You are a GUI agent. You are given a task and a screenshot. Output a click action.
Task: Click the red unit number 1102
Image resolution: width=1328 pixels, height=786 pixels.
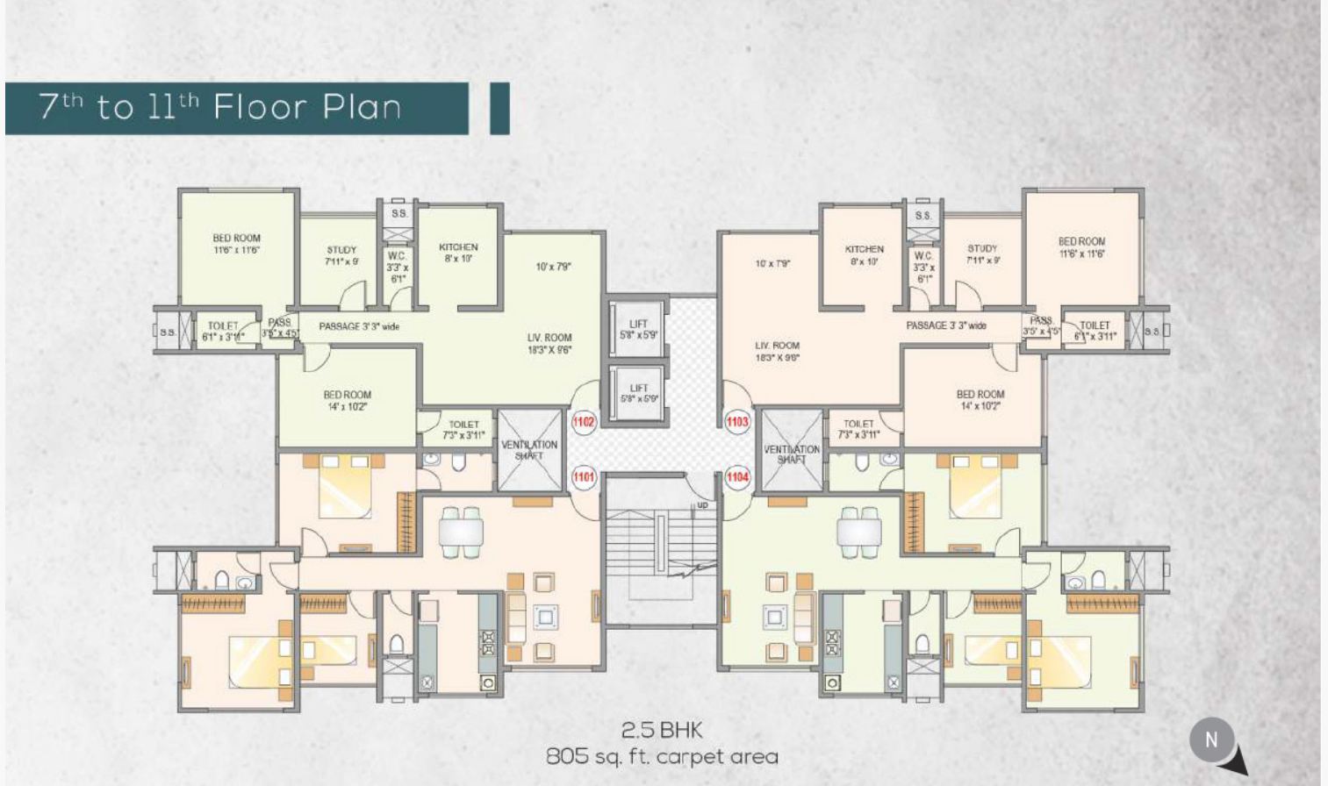click(584, 422)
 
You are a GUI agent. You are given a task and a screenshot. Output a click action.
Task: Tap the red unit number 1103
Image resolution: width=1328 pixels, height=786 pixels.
click(737, 422)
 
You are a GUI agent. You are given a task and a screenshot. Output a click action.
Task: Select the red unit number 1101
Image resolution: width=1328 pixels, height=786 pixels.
click(584, 477)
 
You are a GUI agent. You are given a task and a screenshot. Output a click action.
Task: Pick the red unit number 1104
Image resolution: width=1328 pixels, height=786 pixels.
click(737, 477)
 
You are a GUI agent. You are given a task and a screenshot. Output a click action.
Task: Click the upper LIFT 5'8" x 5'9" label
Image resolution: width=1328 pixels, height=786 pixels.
click(638, 330)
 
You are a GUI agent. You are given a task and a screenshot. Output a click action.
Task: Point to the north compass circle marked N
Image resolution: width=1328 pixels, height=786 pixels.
click(1211, 740)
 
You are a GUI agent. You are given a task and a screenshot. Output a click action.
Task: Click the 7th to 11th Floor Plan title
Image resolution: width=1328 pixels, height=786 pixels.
click(220, 107)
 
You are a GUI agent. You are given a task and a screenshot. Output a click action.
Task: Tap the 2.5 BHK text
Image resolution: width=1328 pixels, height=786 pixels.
click(662, 730)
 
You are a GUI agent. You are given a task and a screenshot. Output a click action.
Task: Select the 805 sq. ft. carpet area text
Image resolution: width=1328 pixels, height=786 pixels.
click(662, 756)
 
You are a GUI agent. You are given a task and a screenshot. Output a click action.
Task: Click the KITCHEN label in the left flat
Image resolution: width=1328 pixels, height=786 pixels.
click(458, 253)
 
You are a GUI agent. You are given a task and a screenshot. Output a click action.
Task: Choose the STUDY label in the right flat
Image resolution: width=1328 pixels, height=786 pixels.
click(982, 254)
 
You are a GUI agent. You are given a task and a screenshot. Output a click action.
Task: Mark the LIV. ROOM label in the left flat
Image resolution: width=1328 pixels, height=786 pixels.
click(549, 343)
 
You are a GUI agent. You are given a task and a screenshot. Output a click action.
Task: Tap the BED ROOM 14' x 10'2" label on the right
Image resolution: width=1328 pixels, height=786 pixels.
click(980, 400)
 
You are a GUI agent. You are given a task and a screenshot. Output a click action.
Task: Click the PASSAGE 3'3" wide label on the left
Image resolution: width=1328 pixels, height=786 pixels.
click(359, 326)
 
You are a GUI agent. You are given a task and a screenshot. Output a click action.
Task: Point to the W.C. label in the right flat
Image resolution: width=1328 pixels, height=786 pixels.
click(923, 267)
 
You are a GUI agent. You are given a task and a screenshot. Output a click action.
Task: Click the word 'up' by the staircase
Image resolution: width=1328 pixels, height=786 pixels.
click(702, 505)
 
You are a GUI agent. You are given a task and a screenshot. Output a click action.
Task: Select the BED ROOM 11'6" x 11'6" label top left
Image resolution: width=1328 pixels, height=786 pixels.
click(236, 244)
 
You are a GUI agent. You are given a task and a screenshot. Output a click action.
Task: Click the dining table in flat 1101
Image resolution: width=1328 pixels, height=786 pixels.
click(461, 532)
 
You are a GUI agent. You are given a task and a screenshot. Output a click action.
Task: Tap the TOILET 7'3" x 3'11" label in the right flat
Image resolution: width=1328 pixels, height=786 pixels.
click(858, 429)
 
